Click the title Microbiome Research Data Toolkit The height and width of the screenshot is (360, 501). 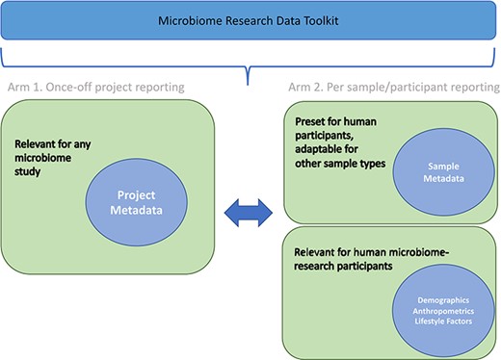click(250, 20)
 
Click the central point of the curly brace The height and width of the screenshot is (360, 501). click(250, 69)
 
